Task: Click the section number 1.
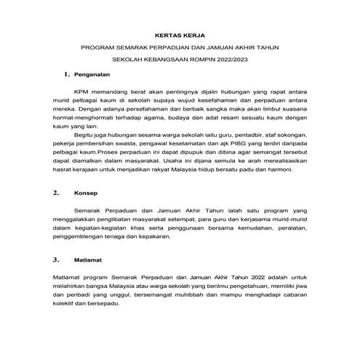[x=66, y=75]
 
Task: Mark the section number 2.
[x=57, y=195]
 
